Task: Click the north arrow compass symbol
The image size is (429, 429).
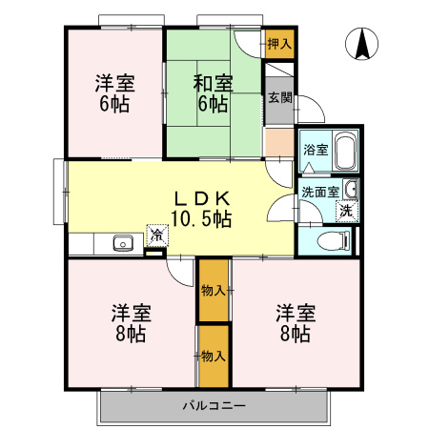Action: pos(363,44)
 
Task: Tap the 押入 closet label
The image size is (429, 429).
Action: pos(279,45)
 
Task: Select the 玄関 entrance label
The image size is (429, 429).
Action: pos(279,97)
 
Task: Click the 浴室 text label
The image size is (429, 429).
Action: pos(315,151)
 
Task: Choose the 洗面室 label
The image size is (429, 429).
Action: pos(318,192)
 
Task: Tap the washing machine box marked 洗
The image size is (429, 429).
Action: pos(348,211)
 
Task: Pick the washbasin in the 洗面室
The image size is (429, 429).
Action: pos(350,187)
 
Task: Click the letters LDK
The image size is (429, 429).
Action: pos(201,198)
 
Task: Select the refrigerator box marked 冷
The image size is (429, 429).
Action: pos(154,234)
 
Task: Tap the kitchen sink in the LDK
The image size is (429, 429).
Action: pos(123,243)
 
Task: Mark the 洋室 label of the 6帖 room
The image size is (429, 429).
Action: pos(114,83)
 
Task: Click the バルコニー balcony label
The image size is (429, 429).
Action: pos(214,406)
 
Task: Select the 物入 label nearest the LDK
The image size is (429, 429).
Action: pos(214,291)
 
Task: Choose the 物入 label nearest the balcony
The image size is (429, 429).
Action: pos(214,356)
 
